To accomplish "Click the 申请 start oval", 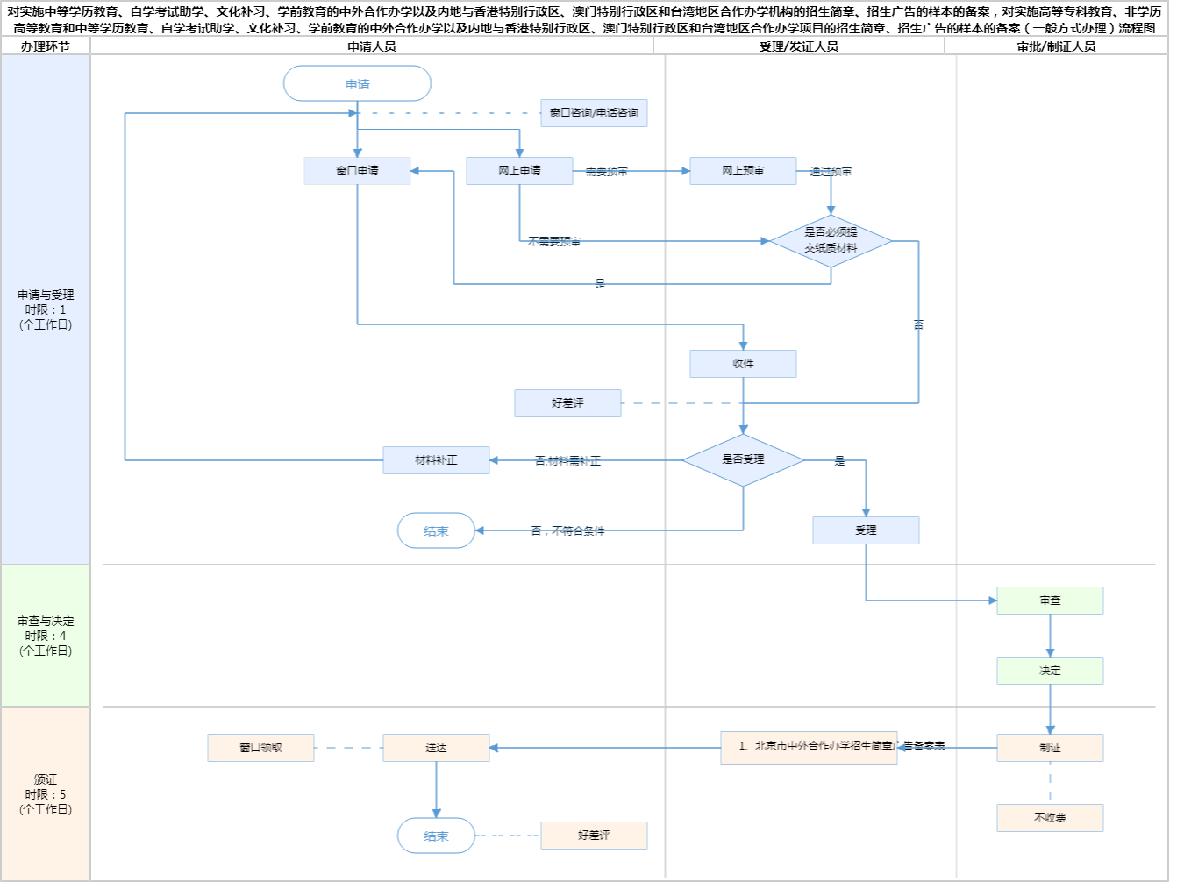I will point(357,83).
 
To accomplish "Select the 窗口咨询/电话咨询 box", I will point(594,113).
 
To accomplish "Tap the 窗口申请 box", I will point(357,171).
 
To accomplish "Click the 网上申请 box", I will point(519,171).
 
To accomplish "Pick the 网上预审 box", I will point(743,171).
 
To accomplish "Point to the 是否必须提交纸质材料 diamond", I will point(831,240).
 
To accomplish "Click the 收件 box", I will point(743,364).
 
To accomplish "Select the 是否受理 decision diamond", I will point(743,459).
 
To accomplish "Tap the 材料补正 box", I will point(436,460).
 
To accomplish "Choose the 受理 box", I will point(866,530).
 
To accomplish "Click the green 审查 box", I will point(1050,601).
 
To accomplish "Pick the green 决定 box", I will point(1050,671).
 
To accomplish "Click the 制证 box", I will point(1050,748).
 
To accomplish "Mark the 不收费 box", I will point(1050,818).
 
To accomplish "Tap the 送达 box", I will point(436,748).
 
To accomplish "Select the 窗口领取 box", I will point(260,748).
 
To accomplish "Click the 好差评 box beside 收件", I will point(567,403).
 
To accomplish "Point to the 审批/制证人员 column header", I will point(1056,46).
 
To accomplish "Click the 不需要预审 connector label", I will point(554,241).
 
